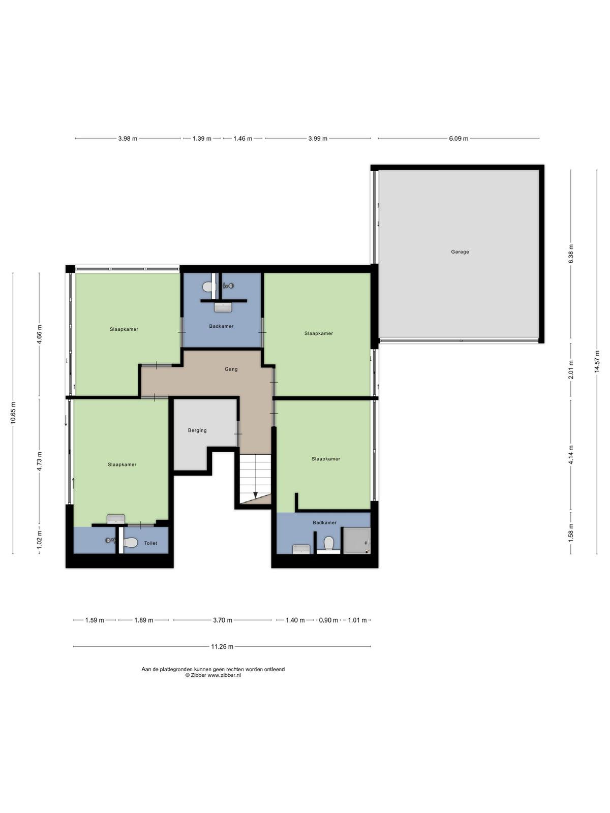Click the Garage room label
click(460, 252)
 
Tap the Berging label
click(197, 430)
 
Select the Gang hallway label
click(231, 369)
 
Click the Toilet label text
click(150, 543)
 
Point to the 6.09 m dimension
click(459, 139)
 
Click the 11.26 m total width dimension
click(222, 647)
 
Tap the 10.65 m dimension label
click(13, 413)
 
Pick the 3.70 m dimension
click(222, 620)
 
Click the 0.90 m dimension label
click(328, 620)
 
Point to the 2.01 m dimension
click(571, 369)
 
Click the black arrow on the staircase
click(255, 495)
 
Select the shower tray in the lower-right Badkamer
click(357, 541)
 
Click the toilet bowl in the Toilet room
click(130, 543)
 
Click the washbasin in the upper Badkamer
click(223, 307)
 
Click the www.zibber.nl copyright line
click(213, 675)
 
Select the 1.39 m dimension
click(202, 139)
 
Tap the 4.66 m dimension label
click(39, 334)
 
